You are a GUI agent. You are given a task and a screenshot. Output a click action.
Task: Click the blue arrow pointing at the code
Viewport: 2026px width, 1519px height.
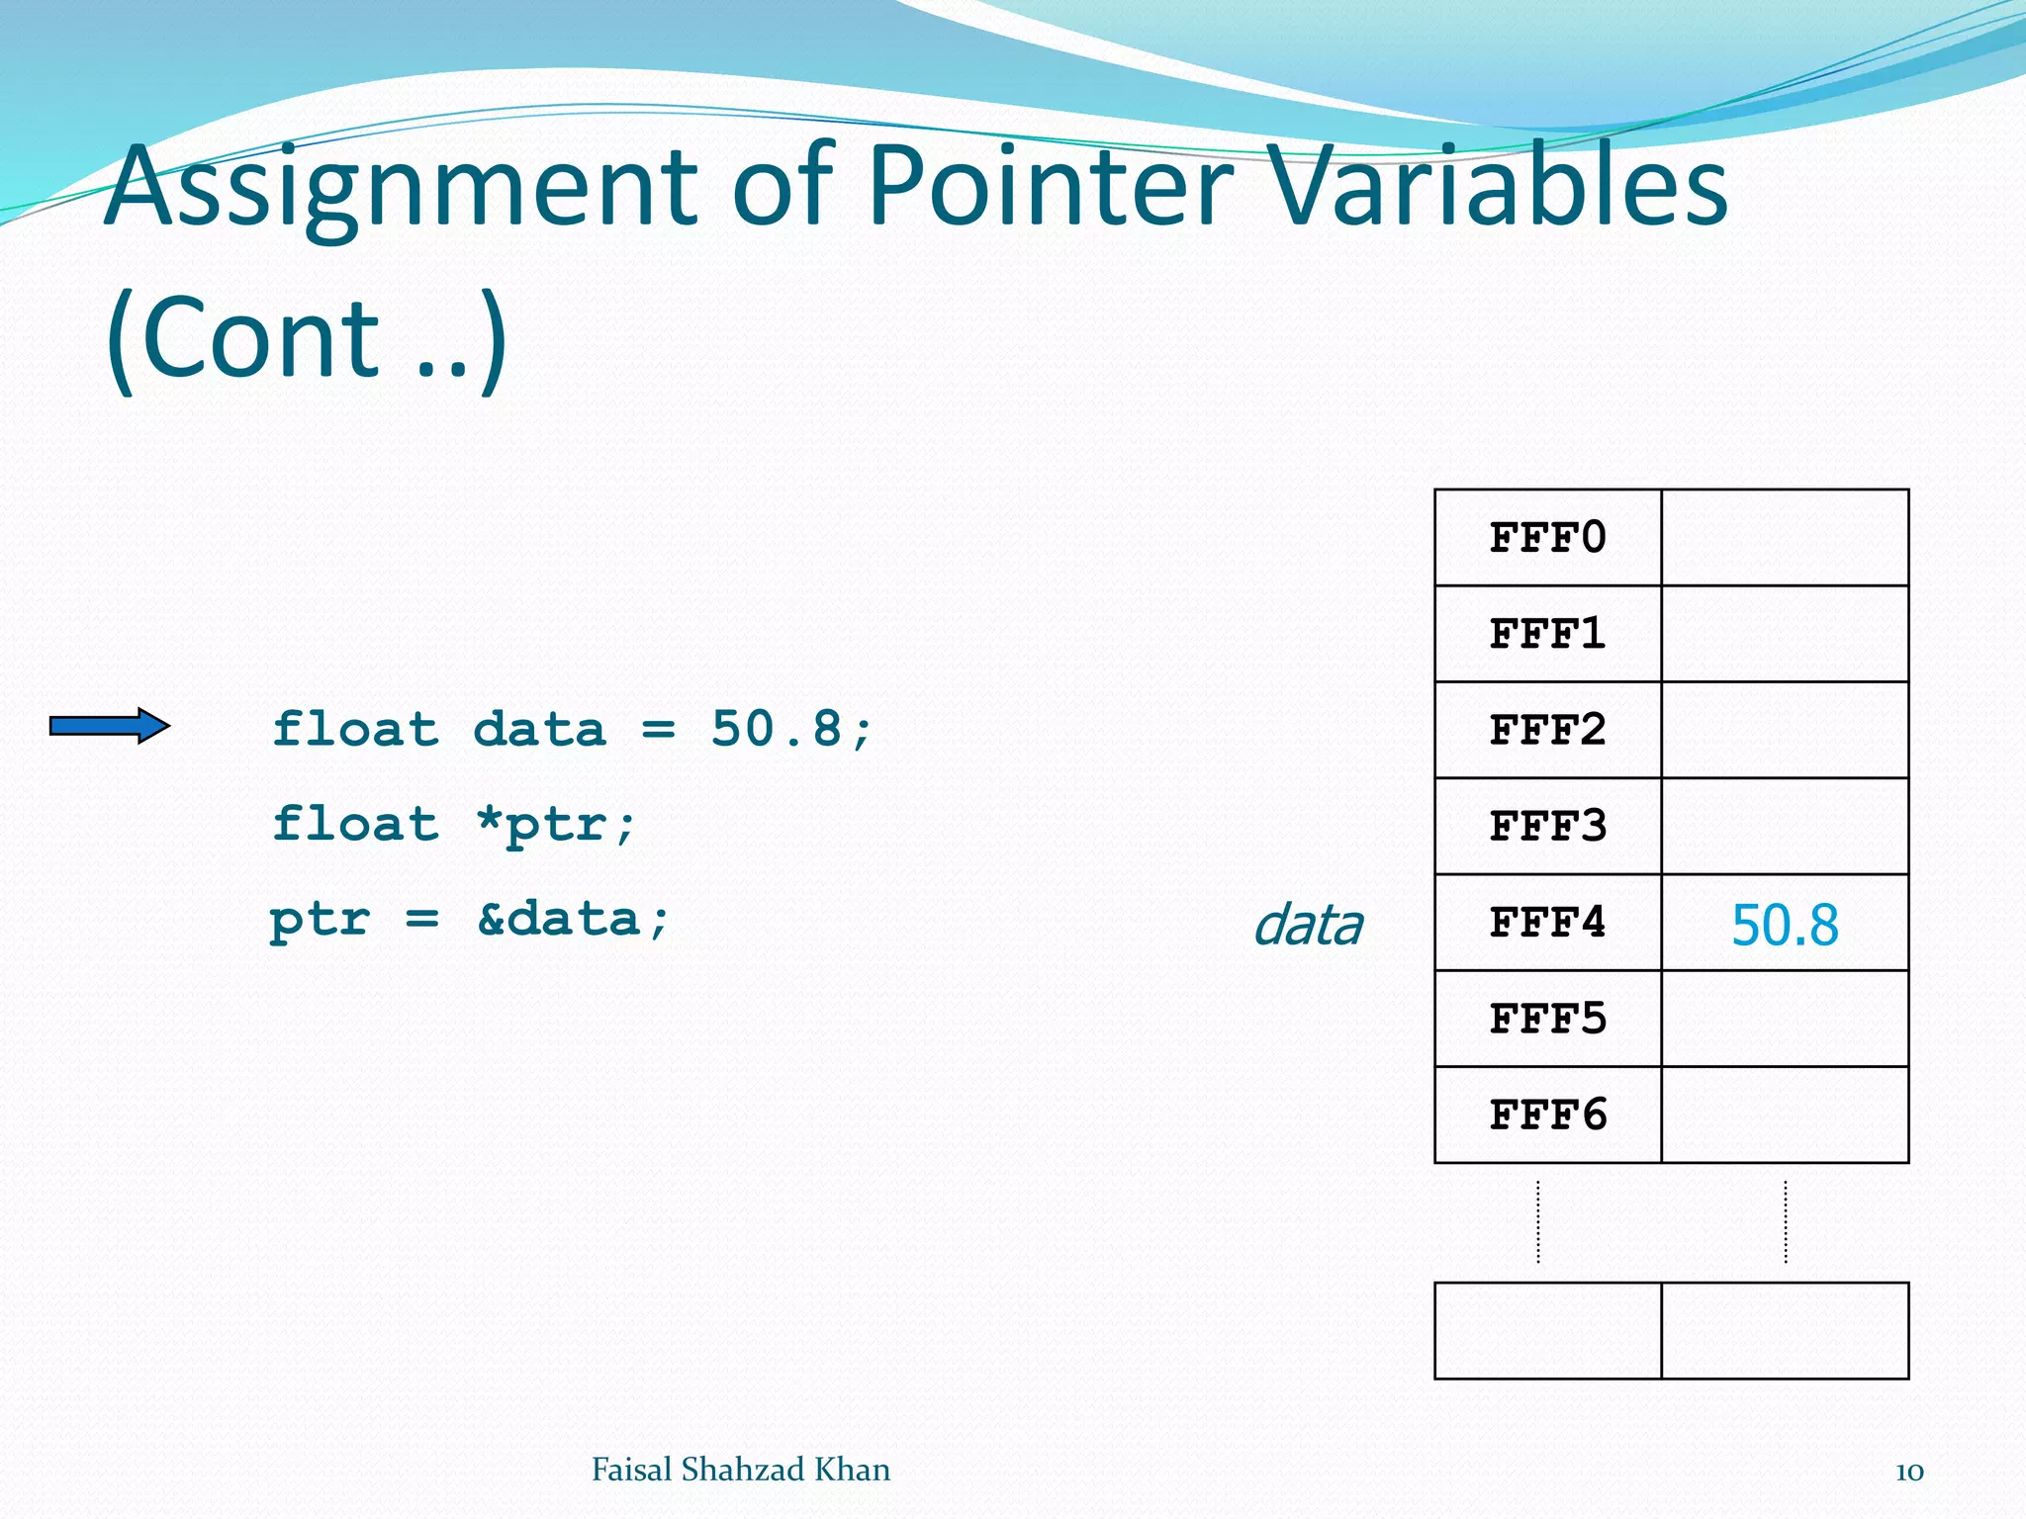tap(110, 727)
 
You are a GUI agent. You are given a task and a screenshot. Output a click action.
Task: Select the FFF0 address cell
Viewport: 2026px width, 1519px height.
tap(1547, 538)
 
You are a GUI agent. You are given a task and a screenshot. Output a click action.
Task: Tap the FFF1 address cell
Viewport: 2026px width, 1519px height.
tap(1547, 634)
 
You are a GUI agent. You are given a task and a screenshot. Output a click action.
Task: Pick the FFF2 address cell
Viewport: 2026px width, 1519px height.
tap(1547, 730)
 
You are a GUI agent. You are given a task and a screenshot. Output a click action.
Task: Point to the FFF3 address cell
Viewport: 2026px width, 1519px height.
tap(1547, 826)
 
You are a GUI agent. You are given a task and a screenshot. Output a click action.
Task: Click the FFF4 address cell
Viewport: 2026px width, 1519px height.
tap(1547, 923)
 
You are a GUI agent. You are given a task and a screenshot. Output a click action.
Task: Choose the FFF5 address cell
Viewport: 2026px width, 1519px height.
tap(1547, 1019)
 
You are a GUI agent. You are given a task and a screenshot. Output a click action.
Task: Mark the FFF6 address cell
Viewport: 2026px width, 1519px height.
tap(1547, 1115)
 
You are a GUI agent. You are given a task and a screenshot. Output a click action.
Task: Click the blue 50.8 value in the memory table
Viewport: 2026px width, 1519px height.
tap(1785, 926)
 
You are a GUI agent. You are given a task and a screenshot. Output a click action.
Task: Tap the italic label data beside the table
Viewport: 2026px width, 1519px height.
tap(1308, 926)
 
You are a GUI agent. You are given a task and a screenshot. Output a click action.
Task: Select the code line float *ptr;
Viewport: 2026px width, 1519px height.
tap(454, 825)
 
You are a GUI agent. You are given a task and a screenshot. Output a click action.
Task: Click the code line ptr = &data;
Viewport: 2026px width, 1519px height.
tap(470, 920)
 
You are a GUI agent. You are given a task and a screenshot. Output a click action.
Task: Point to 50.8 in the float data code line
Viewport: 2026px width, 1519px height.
tap(777, 730)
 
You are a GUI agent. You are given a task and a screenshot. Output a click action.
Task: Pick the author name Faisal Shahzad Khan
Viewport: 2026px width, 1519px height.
tap(740, 1470)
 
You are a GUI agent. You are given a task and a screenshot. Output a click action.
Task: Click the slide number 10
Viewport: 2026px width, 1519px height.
tap(1909, 1472)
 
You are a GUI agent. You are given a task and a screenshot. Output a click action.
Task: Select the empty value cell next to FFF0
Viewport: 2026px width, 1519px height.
tap(1785, 538)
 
